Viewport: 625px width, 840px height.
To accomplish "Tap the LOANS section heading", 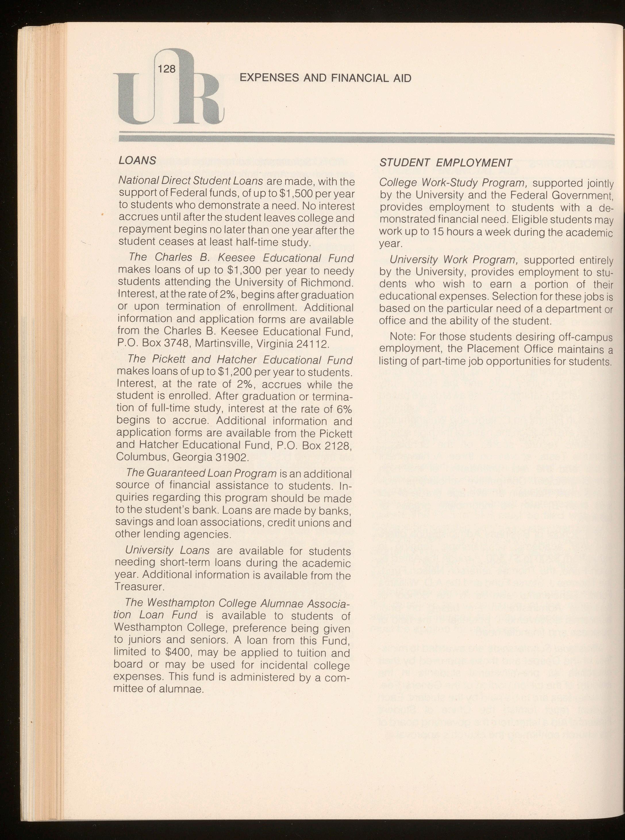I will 137,160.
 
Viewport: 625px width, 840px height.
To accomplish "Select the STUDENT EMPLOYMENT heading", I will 445,163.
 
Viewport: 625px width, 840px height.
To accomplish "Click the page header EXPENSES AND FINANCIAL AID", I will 325,78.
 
